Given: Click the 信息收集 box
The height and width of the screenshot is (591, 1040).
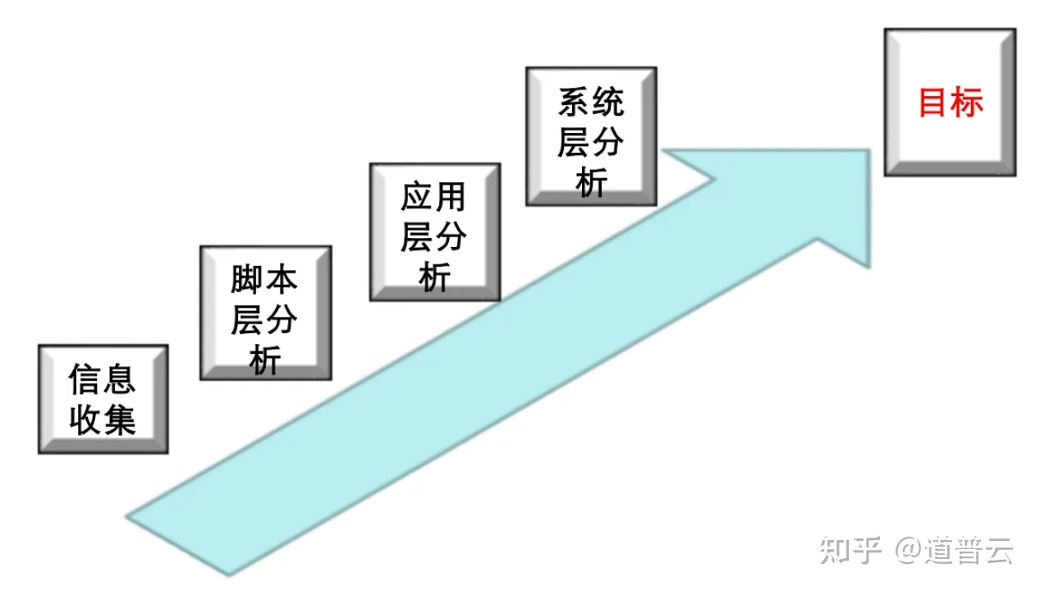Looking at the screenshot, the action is coord(103,399).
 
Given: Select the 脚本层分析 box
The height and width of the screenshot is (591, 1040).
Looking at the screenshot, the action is coord(265,313).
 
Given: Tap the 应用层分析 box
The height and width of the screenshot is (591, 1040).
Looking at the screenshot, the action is coord(434,231).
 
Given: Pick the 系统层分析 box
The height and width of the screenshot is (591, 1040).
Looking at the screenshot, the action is coord(590,136).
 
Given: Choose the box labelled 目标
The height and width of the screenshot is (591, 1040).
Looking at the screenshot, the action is coord(949,102).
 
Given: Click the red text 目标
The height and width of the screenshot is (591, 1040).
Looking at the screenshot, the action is coord(950,103).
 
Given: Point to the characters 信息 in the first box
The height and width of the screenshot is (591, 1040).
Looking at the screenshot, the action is coord(103,380).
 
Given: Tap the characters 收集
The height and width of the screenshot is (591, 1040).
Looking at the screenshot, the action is coord(103,420).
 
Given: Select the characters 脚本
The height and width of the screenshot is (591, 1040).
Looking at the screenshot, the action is coord(264,280).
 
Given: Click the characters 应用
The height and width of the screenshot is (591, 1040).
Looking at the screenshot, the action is coord(433,197).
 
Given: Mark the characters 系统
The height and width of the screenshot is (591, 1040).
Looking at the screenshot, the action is coord(591,103).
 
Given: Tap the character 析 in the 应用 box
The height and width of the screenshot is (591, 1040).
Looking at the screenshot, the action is coord(434,277).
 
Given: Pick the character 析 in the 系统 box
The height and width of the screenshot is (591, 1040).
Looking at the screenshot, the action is coord(591,182).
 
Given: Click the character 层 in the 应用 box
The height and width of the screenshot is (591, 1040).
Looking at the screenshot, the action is coord(415,237).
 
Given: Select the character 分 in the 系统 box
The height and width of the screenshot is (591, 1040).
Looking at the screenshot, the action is coord(609,142).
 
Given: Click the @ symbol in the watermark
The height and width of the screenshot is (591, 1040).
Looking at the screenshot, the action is coord(907,551).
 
